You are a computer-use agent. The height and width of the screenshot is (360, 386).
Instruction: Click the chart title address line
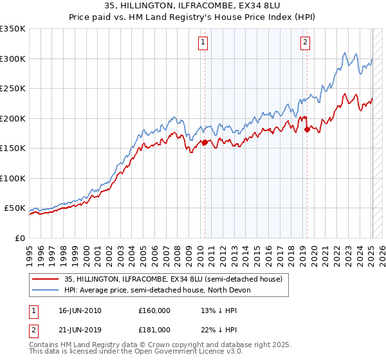click(193, 7)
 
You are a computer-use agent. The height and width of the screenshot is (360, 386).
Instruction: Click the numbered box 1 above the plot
click(203, 42)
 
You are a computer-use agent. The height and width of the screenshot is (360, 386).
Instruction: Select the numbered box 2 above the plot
click(304, 42)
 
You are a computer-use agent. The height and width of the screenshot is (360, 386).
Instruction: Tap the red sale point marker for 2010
click(205, 143)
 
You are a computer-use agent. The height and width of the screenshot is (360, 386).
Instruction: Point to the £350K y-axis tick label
click(13, 29)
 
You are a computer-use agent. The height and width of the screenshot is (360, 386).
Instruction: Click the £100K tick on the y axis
click(13, 178)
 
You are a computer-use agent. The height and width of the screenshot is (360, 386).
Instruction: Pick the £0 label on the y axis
click(19, 238)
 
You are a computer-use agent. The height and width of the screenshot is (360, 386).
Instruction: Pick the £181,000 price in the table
click(154, 330)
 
